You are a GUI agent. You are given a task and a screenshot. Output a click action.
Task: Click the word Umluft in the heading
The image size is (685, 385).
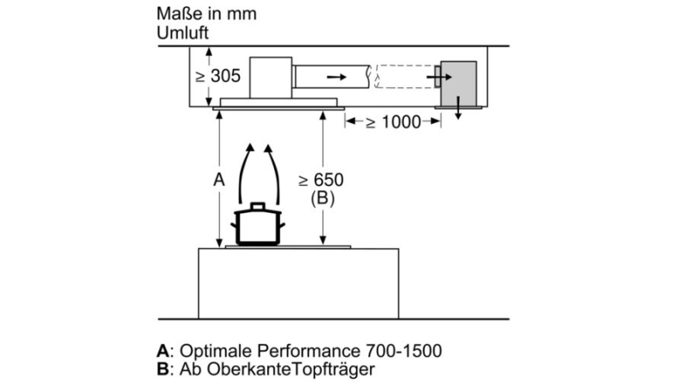tap(182, 33)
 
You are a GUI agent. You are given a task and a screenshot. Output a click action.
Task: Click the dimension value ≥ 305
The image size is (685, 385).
tap(218, 76)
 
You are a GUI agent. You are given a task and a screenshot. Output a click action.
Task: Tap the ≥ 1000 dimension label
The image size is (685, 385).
tap(393, 122)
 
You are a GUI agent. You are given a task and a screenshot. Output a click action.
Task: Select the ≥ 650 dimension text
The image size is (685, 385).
tap(321, 180)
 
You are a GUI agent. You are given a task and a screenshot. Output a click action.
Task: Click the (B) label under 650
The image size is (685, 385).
tap(323, 198)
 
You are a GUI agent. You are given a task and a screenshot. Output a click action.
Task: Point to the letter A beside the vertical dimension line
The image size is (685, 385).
tap(219, 180)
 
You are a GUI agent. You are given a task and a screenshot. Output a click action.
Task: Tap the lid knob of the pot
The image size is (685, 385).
tap(258, 205)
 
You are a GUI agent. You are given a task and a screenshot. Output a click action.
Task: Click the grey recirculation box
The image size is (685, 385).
tap(458, 83)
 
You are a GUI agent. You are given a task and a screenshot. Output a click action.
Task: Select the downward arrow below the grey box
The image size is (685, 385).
tap(458, 108)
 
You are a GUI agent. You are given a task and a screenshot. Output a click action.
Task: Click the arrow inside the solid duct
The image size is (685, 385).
tap(337, 77)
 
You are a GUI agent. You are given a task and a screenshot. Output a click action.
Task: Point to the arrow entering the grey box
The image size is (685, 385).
tap(439, 77)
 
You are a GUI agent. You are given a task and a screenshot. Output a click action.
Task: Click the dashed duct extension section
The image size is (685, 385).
tap(405, 76)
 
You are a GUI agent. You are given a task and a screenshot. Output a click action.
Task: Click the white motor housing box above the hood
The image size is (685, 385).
tap(271, 77)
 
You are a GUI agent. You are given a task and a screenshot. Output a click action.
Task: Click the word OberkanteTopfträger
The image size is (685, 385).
tap(290, 370)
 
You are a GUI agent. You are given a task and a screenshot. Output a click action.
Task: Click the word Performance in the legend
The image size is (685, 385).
tap(308, 351)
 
